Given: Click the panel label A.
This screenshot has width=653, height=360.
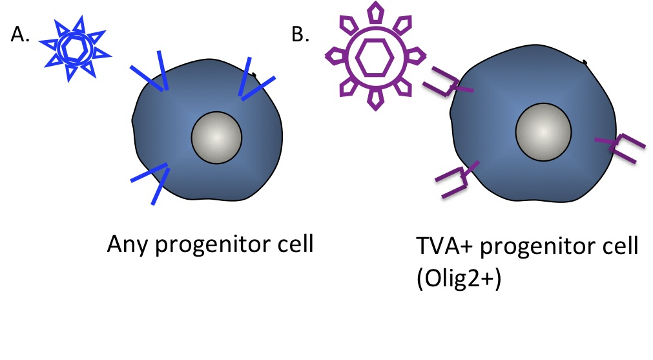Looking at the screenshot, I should (x=21, y=35).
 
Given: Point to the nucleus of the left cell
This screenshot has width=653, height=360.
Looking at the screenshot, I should (x=216, y=137).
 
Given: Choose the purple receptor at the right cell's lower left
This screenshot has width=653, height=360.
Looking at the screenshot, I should (x=457, y=180).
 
